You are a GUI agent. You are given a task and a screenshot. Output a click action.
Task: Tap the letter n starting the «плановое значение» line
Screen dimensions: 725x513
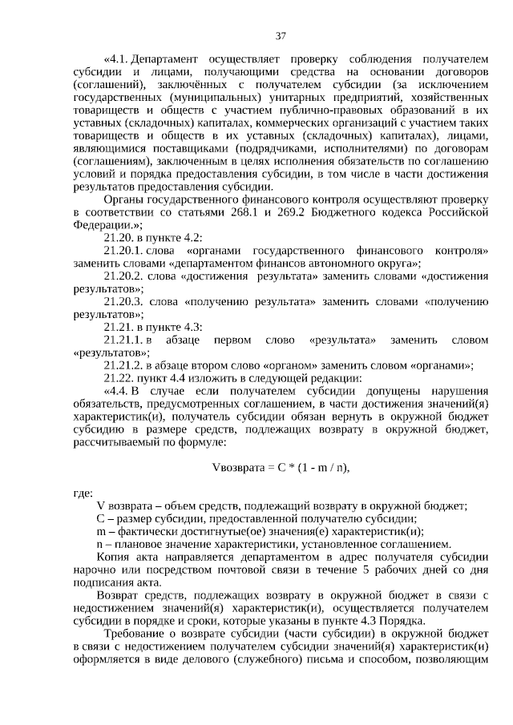point(99,543)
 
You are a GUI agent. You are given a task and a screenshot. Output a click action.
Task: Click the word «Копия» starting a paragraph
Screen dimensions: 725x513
point(112,556)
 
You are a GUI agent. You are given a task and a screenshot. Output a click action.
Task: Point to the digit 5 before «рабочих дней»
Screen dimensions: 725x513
point(363,569)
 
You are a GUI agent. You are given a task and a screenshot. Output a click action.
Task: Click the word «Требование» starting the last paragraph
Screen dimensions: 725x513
point(135,633)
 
